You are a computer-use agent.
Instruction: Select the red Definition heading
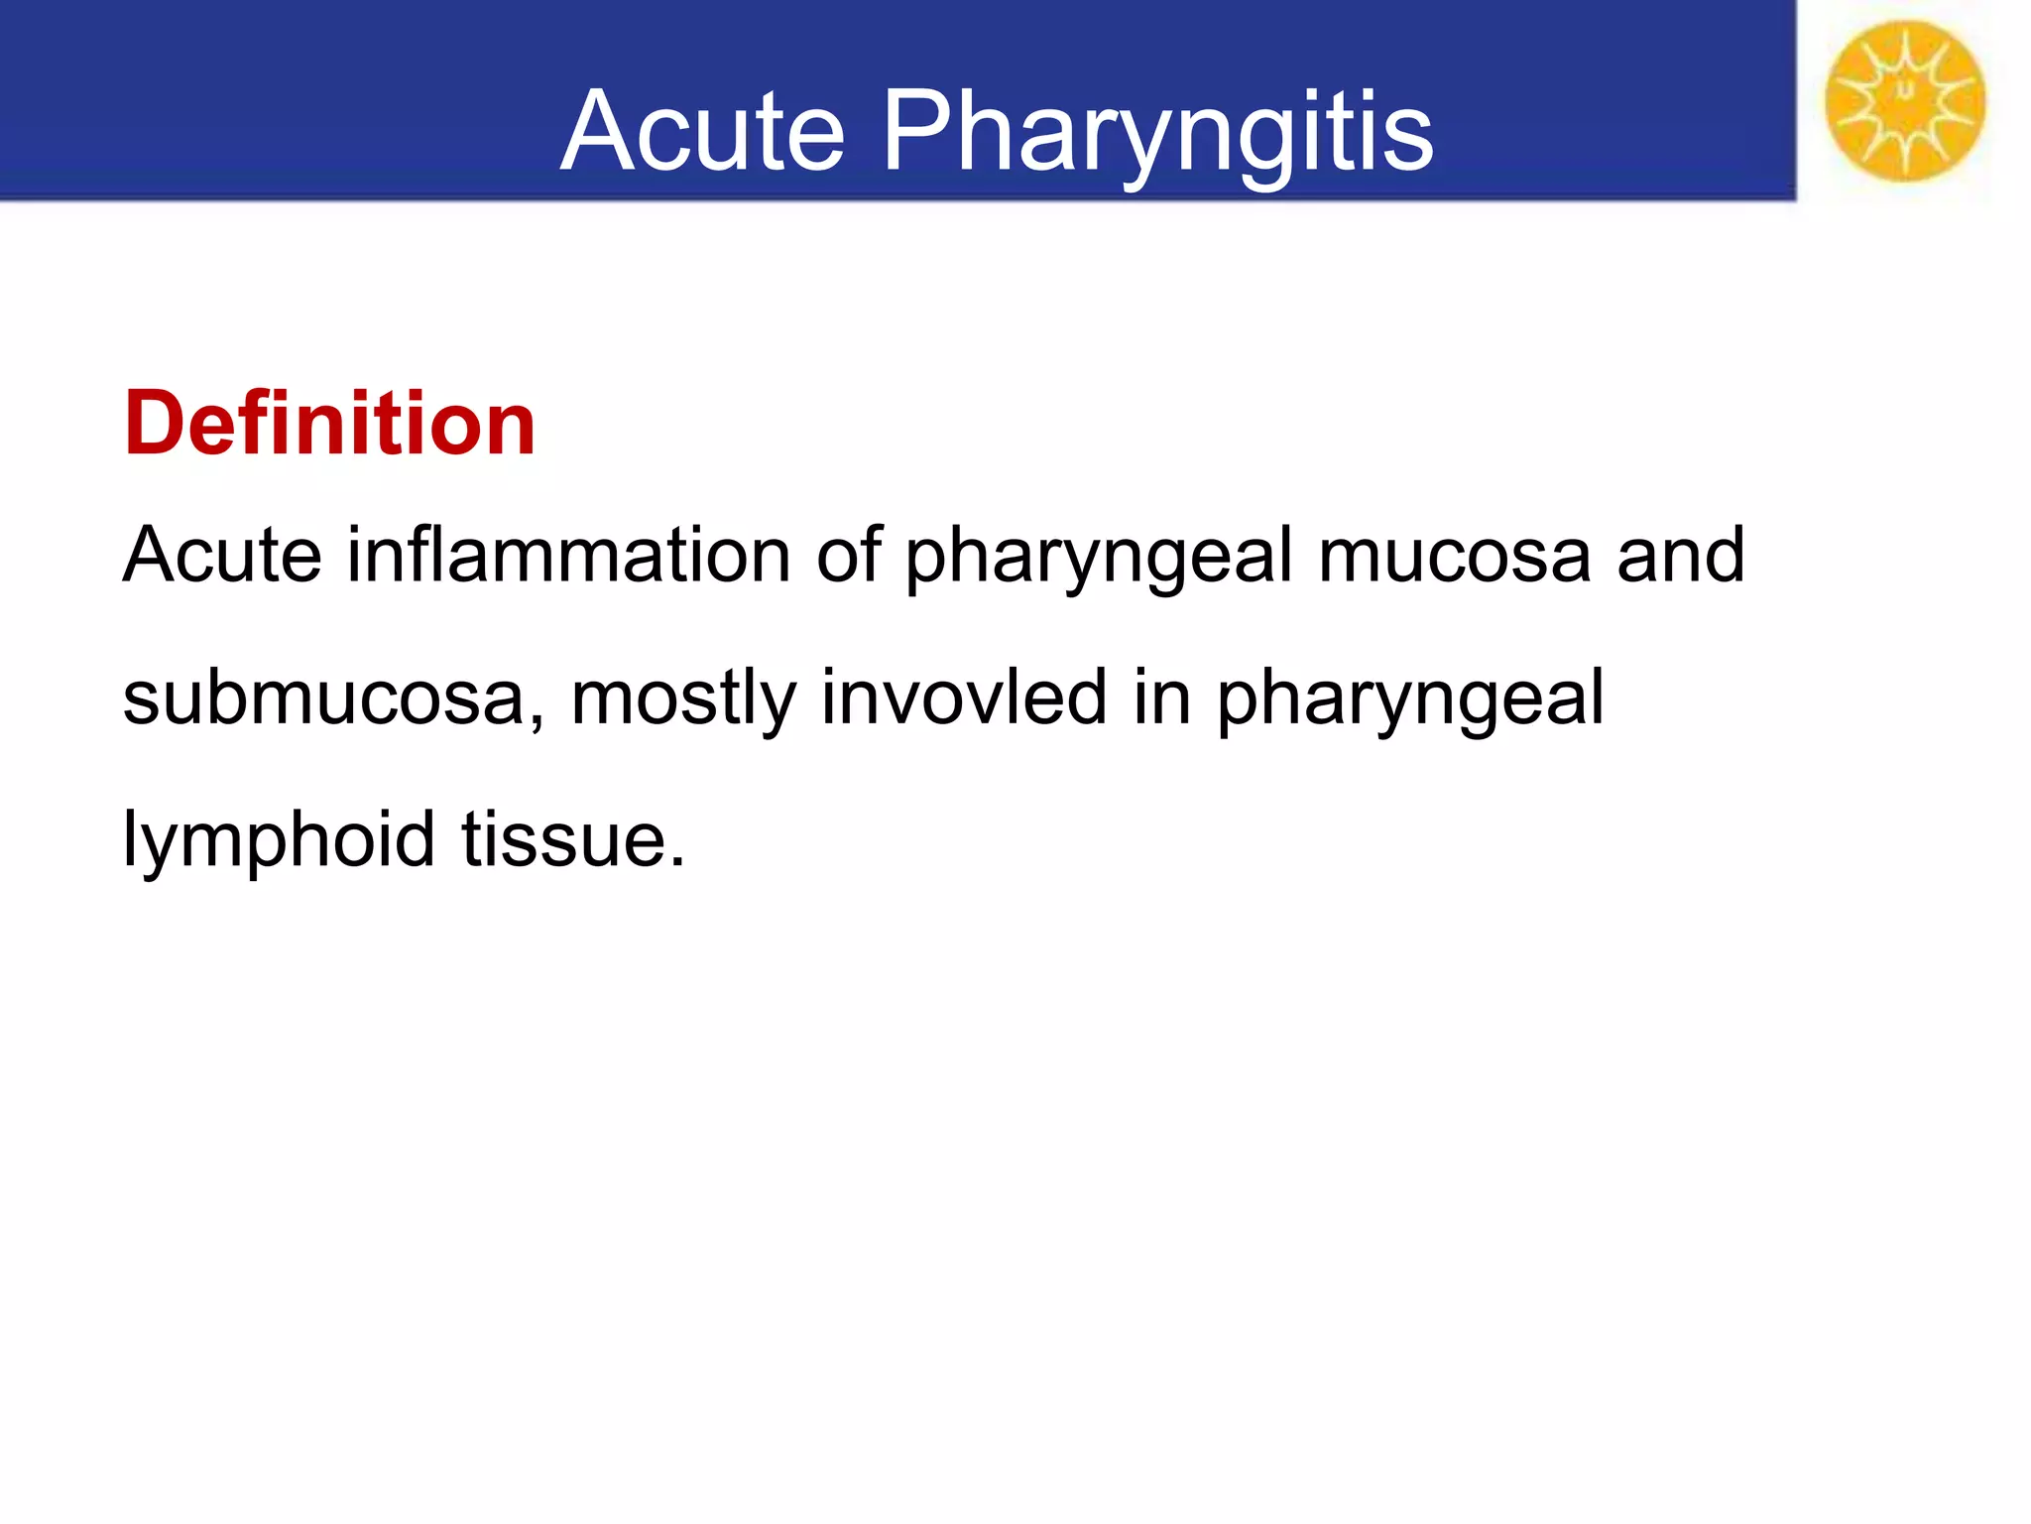click(329, 424)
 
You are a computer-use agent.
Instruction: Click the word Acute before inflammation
click(222, 555)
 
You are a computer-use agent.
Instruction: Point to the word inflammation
click(568, 555)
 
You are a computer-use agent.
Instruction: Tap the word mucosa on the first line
click(1454, 557)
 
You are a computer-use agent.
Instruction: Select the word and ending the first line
click(1681, 555)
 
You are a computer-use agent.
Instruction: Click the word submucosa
click(323, 698)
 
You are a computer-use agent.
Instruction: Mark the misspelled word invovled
click(964, 698)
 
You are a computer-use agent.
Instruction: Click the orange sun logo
click(1905, 101)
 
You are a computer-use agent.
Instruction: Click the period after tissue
click(676, 862)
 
